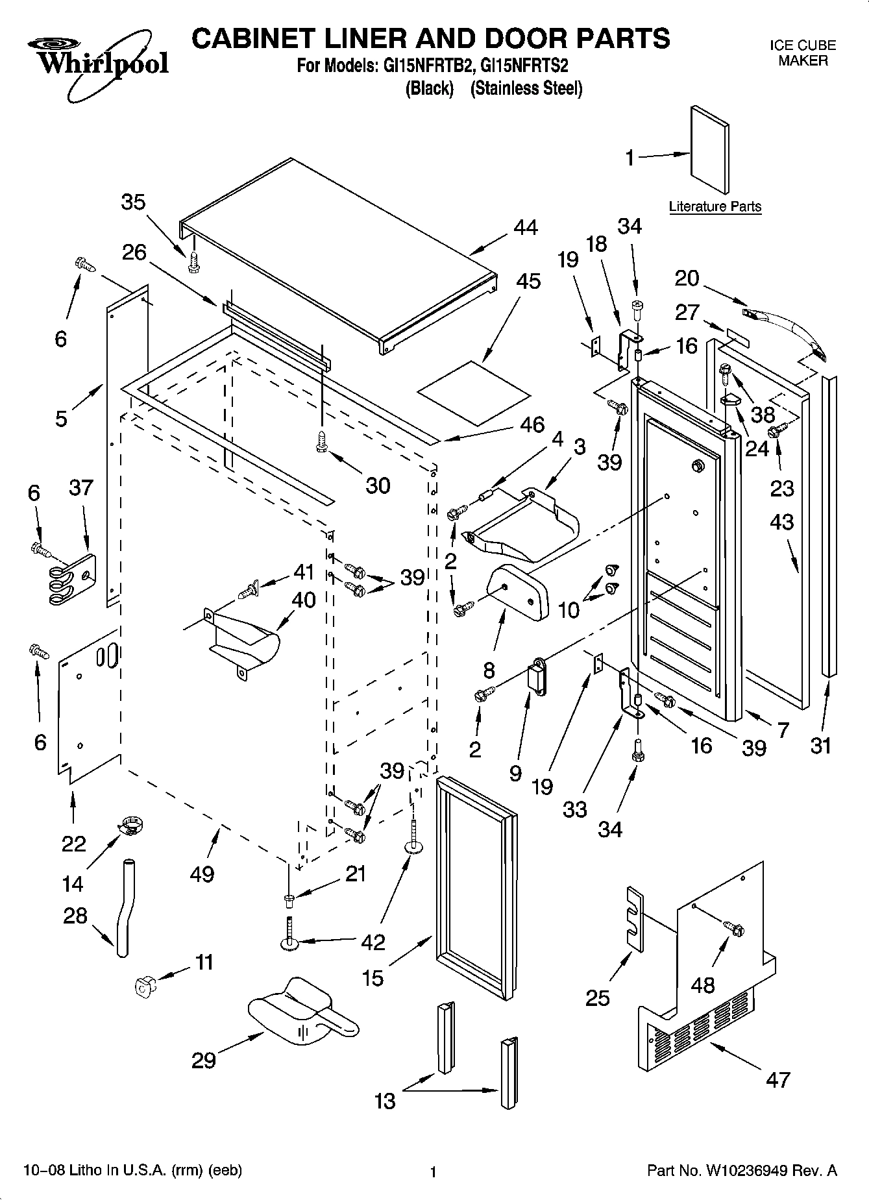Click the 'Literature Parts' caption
715,207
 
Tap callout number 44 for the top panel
525,228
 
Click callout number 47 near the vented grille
777,1080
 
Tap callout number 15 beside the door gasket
373,977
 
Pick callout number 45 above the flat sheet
529,281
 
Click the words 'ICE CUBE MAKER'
803,53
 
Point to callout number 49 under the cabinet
202,874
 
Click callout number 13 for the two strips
386,1101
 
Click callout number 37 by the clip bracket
81,487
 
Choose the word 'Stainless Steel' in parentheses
526,88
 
